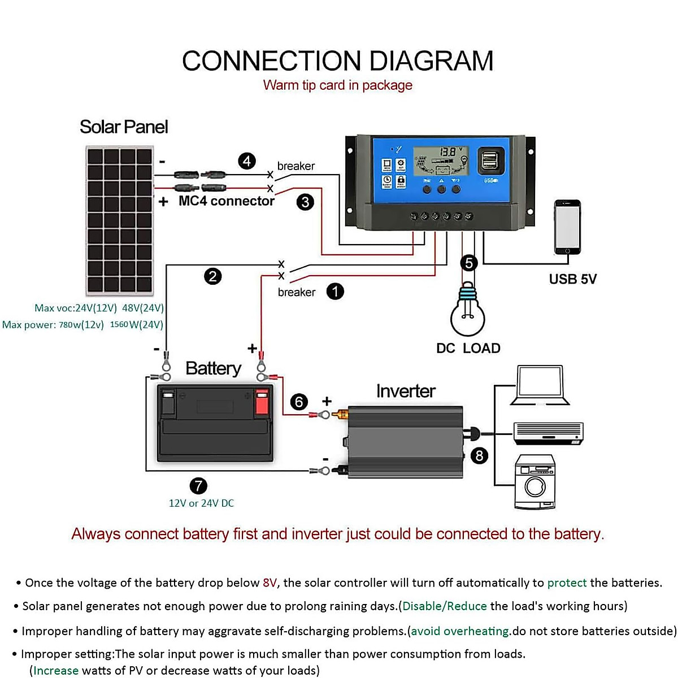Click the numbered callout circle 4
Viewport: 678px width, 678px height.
click(247, 161)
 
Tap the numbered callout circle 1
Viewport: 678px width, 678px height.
click(335, 292)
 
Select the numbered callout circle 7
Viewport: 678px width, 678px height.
click(198, 485)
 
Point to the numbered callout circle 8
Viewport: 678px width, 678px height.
click(479, 455)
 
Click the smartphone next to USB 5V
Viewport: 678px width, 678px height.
click(567, 227)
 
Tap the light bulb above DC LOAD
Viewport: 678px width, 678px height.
click(468, 311)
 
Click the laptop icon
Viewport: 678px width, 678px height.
click(540, 386)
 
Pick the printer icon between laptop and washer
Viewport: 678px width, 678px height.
click(548, 433)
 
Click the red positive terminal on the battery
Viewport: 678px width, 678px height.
click(261, 402)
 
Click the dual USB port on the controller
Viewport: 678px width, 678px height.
click(491, 162)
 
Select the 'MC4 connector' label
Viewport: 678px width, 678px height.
click(227, 201)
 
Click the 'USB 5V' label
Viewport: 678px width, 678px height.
click(572, 279)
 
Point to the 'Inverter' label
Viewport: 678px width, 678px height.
click(406, 391)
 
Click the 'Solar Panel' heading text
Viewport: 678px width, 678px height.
click(124, 127)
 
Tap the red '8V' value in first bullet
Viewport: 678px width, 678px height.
click(270, 583)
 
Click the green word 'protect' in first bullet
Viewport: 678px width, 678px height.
click(567, 583)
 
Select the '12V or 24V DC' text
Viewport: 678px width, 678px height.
click(201, 503)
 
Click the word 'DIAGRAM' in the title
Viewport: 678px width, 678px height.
click(431, 61)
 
